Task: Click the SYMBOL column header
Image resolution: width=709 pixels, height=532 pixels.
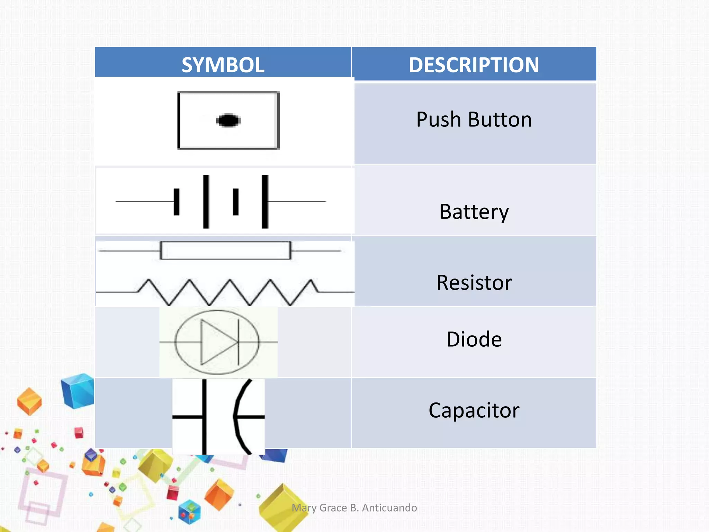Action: point(223,65)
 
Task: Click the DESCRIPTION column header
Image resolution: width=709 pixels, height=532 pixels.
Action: point(474,65)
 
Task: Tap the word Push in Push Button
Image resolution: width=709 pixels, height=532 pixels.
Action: point(439,119)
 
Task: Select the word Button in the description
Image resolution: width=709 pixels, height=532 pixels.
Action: point(500,119)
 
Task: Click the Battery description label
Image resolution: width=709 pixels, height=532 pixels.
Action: point(474,212)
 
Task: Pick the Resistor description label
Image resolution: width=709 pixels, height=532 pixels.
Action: point(474,283)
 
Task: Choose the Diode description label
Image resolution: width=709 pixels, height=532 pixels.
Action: point(474,339)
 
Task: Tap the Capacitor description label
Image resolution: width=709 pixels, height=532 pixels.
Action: point(474,410)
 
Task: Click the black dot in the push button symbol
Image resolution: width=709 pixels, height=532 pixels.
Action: point(228,121)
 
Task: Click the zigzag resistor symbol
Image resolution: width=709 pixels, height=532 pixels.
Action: point(228,292)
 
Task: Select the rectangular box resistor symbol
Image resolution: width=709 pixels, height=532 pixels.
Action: point(225,250)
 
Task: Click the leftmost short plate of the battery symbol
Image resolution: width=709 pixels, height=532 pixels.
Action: point(177,202)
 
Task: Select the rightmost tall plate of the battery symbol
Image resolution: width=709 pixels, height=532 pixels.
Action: point(265,202)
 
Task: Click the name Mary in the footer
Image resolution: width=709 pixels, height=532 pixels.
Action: point(304,508)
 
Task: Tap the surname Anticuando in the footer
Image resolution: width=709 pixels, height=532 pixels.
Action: point(389,508)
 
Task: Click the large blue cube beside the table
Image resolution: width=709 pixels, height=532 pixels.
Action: point(78,391)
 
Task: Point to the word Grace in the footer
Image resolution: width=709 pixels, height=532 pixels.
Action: point(333,508)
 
